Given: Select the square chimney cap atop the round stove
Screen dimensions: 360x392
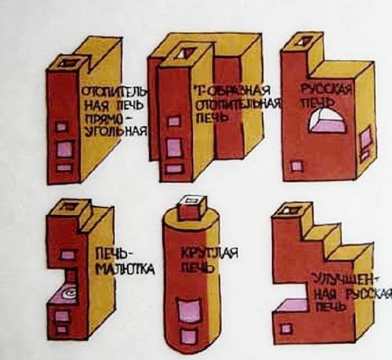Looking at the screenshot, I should click(x=189, y=206).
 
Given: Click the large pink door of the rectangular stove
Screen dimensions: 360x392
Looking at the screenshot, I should click(x=61, y=146).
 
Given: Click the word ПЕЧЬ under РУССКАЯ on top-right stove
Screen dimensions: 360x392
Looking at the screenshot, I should click(x=320, y=104).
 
